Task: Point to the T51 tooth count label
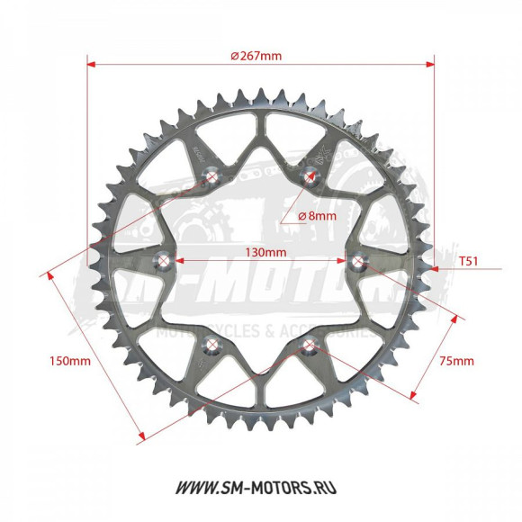click(468, 262)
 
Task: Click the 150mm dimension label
click(68, 361)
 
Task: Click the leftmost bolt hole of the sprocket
click(164, 262)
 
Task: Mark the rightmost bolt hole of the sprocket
click(359, 262)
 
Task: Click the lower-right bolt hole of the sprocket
click(310, 346)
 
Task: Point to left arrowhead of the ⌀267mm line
click(91, 64)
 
